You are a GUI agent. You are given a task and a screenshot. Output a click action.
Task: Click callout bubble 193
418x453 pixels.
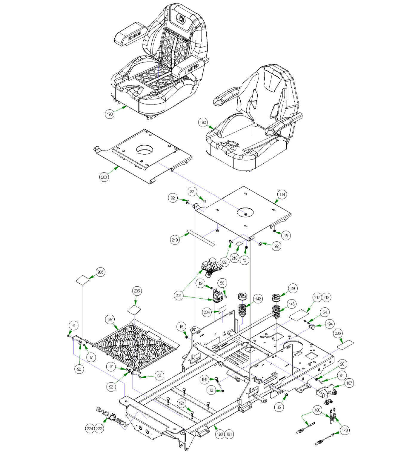[110, 114]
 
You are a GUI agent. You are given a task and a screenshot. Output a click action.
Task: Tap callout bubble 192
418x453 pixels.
[203, 122]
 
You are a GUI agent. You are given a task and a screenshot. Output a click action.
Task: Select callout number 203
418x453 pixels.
[104, 177]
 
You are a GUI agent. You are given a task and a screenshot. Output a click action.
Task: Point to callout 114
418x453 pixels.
[282, 194]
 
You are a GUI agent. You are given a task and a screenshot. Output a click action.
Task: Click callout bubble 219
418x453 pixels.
[175, 240]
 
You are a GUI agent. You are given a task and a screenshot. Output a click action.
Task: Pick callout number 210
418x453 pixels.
[235, 258]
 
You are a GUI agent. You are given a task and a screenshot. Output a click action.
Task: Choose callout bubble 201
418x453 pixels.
[179, 296]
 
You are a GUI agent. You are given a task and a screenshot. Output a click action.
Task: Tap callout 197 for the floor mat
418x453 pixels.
[110, 320]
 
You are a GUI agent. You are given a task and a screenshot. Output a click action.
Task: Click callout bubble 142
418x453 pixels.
[258, 299]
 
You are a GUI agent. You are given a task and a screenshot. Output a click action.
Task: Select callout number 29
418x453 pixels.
[293, 288]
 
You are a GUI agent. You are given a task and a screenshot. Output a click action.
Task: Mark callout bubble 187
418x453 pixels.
[349, 383]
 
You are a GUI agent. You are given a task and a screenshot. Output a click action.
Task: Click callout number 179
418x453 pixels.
[345, 430]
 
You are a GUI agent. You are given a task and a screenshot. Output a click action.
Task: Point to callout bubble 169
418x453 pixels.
[204, 380]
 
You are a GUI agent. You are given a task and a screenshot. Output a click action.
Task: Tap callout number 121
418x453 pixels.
[182, 403]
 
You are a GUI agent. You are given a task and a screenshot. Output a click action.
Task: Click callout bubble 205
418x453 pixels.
[338, 333]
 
